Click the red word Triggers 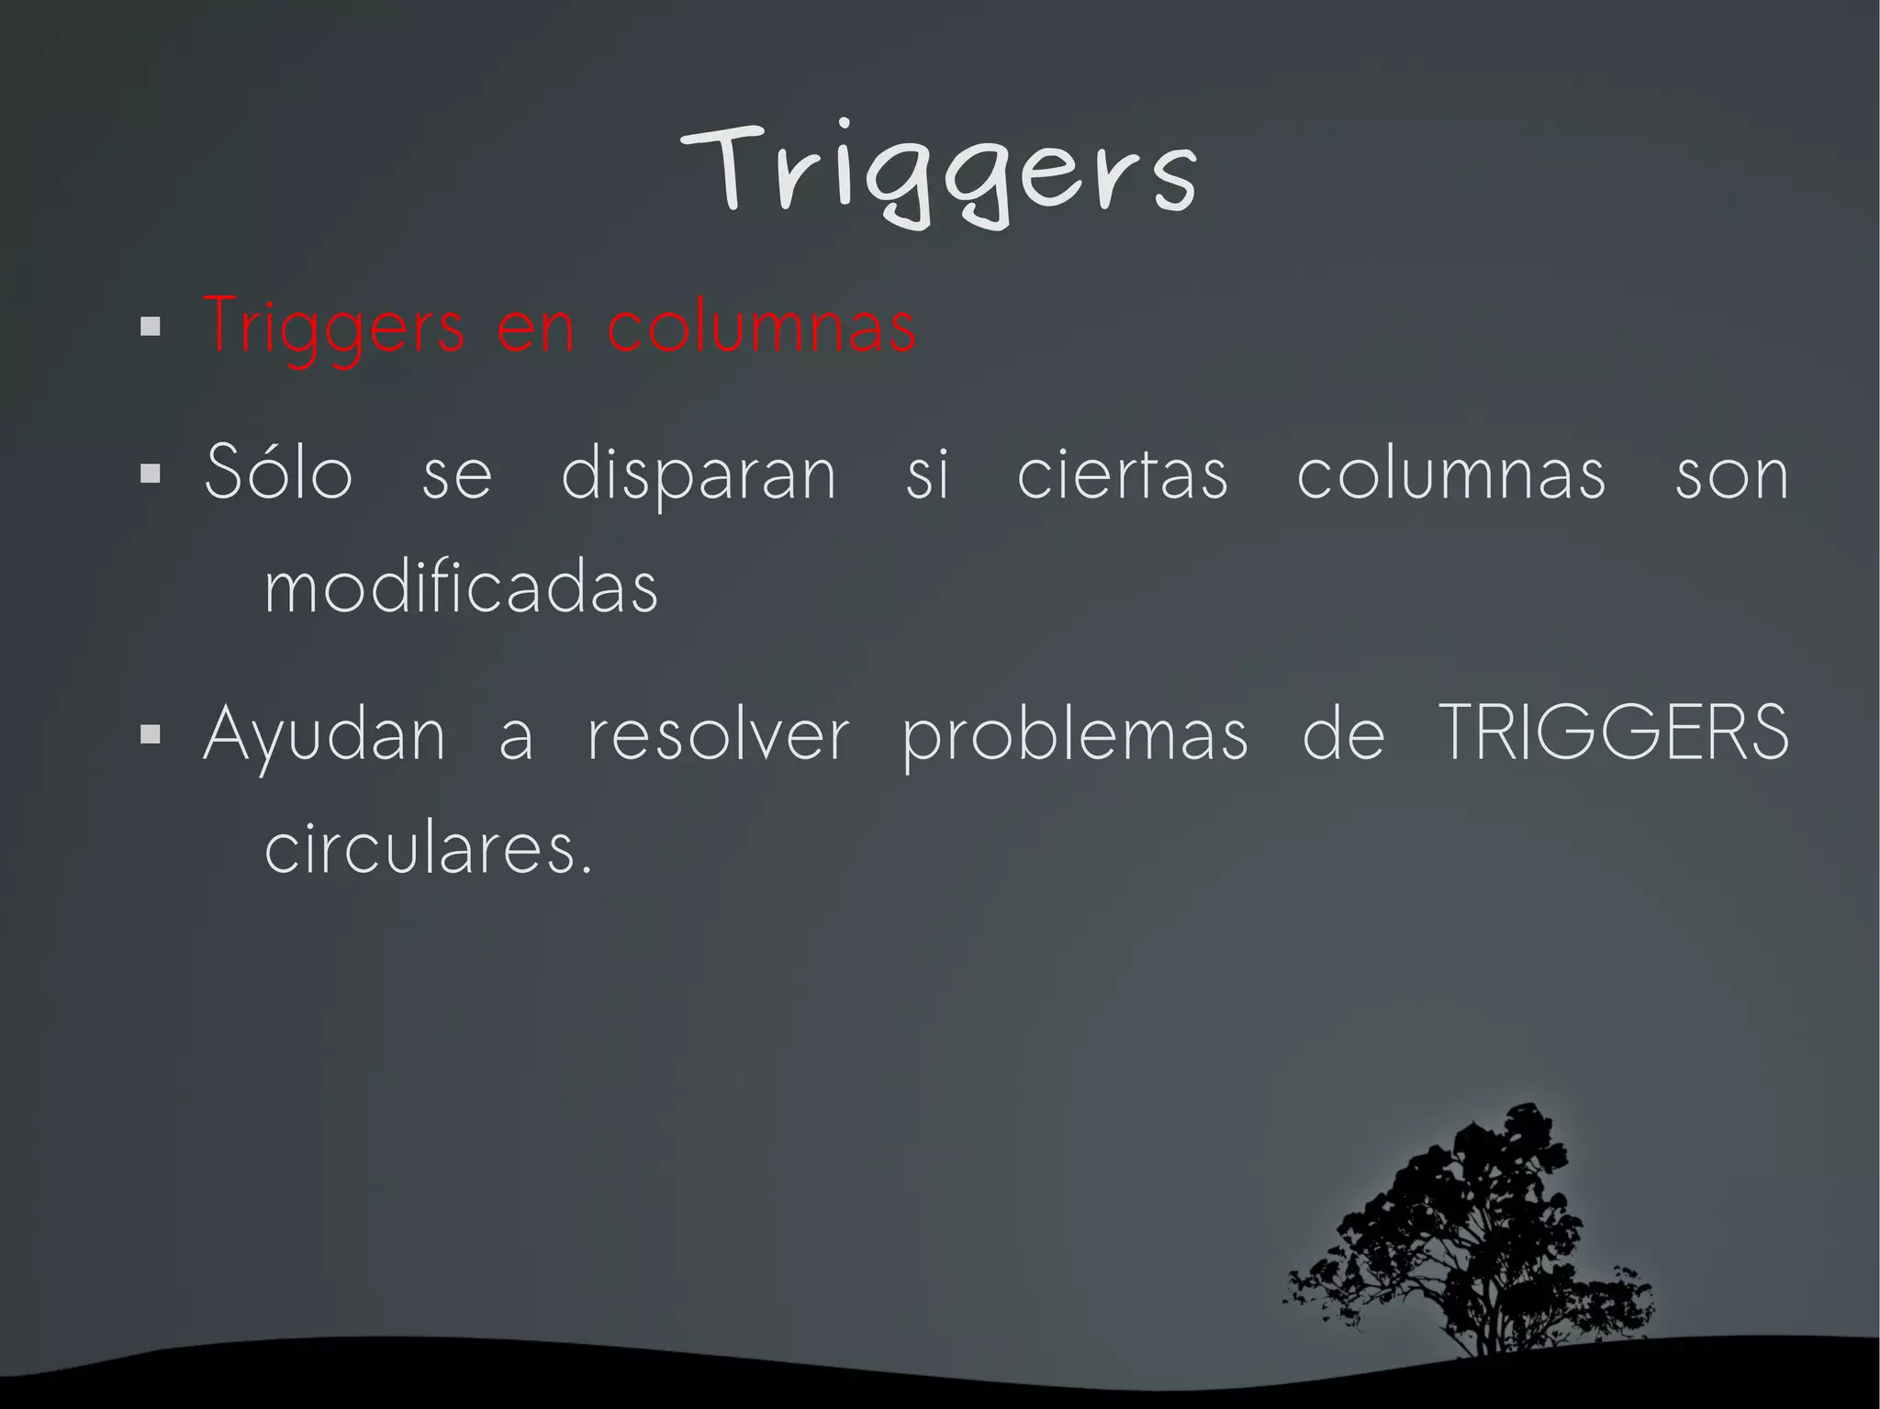[x=334, y=327]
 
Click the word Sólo [x=278, y=474]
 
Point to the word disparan [x=699, y=475]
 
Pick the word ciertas [x=1122, y=475]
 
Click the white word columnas [x=1451, y=474]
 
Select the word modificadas [x=462, y=587]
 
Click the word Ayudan [x=324, y=736]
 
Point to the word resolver [x=718, y=736]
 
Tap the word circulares [x=427, y=848]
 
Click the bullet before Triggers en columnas [x=151, y=327]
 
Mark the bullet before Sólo [x=151, y=475]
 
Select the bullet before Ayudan [x=151, y=735]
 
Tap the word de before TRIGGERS [x=1343, y=736]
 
